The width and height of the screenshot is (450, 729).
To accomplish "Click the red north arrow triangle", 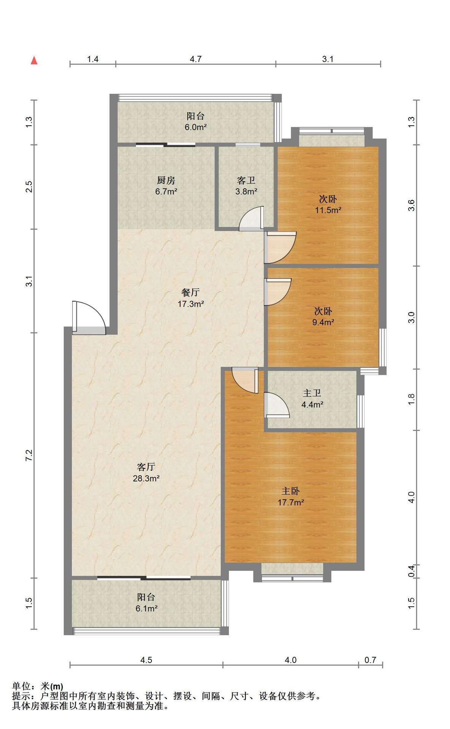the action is (34, 60).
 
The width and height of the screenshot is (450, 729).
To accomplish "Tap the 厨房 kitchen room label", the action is (166, 180).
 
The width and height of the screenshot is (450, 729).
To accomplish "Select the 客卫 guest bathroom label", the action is (246, 180).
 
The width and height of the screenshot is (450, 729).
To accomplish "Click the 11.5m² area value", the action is (328, 210).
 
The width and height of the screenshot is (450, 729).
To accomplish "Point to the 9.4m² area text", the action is (323, 322).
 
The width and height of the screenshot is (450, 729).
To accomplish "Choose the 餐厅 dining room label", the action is (190, 292).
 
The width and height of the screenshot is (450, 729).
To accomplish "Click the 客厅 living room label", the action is (146, 467).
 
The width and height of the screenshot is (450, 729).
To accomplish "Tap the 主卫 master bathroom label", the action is (312, 393).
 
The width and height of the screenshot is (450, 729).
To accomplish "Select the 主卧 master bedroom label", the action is (290, 491).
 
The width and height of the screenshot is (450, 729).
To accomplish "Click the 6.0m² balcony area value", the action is (196, 127).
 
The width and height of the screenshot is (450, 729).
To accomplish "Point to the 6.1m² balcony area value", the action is (147, 609).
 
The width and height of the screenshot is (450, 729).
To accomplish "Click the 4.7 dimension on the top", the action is (196, 59).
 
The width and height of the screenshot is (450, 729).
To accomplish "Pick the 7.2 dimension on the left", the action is (29, 455).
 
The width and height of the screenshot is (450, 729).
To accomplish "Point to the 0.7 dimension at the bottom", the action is (370, 660).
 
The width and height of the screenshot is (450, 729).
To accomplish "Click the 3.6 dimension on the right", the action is (411, 205).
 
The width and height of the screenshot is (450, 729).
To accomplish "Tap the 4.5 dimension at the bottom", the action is (146, 660).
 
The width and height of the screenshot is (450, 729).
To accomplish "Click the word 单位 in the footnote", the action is (21, 686).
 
